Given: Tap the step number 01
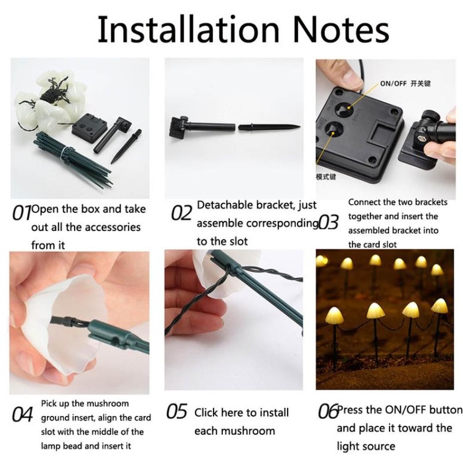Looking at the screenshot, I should click(x=21, y=213).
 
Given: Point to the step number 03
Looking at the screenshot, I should click(x=328, y=222).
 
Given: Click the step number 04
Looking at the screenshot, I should click(x=22, y=415).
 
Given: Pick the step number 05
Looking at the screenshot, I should click(x=177, y=412).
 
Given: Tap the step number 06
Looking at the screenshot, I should click(x=328, y=412).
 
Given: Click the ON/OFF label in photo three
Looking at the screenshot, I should click(x=393, y=84).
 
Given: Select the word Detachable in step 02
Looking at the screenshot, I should click(x=225, y=205).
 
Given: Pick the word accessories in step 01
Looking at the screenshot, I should click(x=109, y=227).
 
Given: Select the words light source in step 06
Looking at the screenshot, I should click(x=365, y=446).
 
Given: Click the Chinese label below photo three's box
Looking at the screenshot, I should click(x=326, y=177).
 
